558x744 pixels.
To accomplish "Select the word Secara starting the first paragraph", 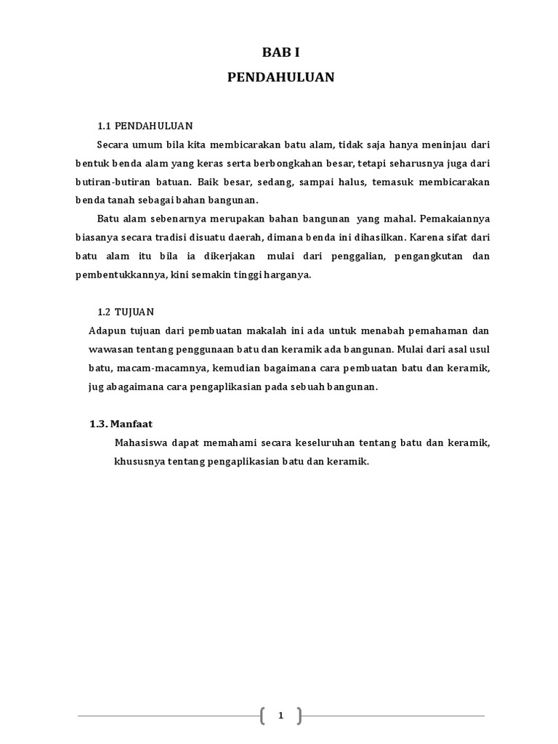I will click(x=113, y=143).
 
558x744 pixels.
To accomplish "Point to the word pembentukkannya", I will click(x=117, y=275).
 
